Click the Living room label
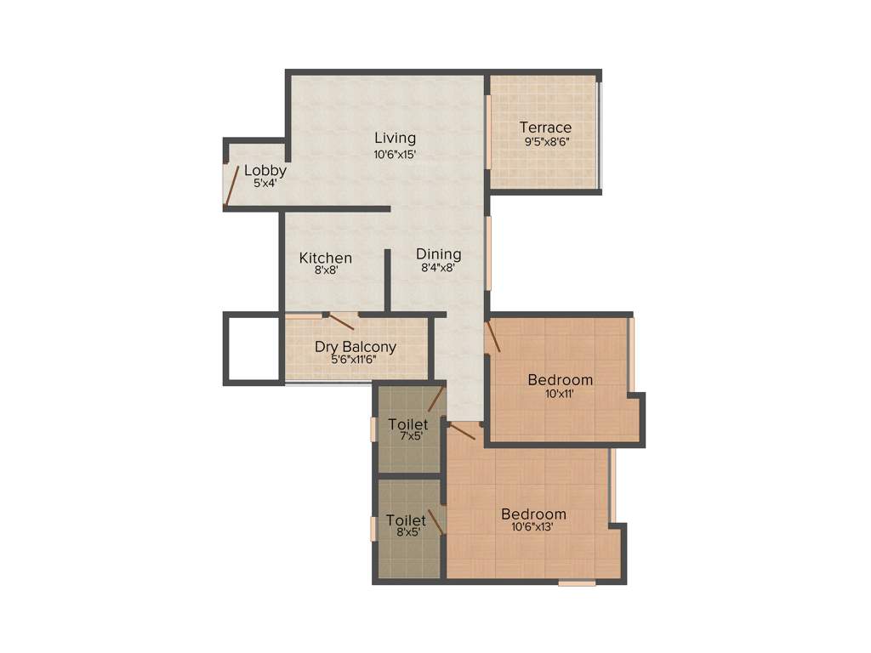(396, 138)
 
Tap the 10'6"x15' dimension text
(395, 155)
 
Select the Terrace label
(545, 128)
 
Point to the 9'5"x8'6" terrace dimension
(546, 142)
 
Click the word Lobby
(265, 170)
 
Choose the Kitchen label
(326, 258)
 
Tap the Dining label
(439, 254)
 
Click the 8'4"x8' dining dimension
(438, 268)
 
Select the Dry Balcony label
(356, 346)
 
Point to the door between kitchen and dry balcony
(341, 321)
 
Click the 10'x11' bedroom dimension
(560, 394)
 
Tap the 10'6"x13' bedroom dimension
(533, 527)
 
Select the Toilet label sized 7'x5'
(407, 423)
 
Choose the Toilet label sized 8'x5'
(406, 520)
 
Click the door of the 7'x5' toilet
(436, 398)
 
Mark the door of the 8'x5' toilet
(435, 521)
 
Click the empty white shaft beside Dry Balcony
(253, 349)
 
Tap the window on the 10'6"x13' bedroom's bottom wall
(577, 583)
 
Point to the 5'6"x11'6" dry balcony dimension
(355, 360)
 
